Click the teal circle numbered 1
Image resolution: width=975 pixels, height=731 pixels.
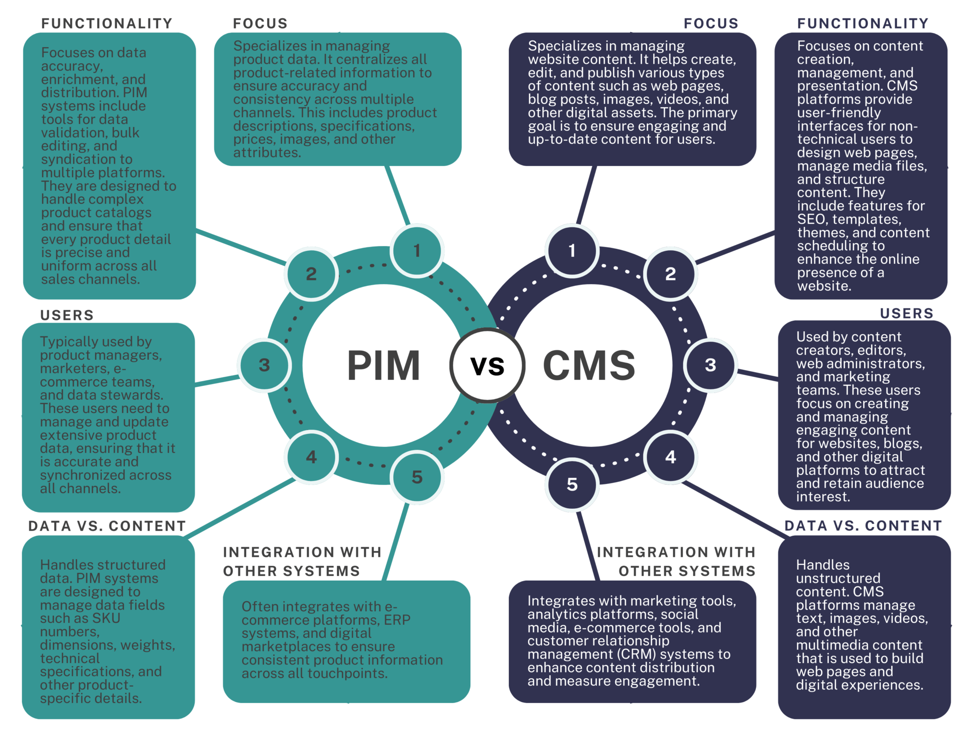pos(417,250)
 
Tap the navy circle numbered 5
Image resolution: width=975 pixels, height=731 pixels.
pos(572,484)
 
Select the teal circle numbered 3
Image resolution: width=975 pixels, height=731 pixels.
pos(264,365)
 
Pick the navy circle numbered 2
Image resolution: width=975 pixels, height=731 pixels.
pos(670,274)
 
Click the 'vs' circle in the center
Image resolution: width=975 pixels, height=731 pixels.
pos(487,365)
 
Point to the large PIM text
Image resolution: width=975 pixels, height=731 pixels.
pos(384,365)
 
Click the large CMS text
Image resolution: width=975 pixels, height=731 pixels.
pos(589,365)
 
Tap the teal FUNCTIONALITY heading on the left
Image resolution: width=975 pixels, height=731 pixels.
pos(107,23)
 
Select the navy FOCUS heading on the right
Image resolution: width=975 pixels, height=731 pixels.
pos(711,23)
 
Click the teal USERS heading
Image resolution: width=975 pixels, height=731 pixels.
pos(67,315)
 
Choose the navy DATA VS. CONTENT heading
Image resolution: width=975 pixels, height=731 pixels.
pos(863,525)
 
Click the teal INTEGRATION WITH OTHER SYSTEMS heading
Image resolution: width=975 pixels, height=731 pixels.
pos(302,561)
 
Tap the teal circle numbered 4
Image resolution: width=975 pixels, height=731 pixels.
pos(311,457)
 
